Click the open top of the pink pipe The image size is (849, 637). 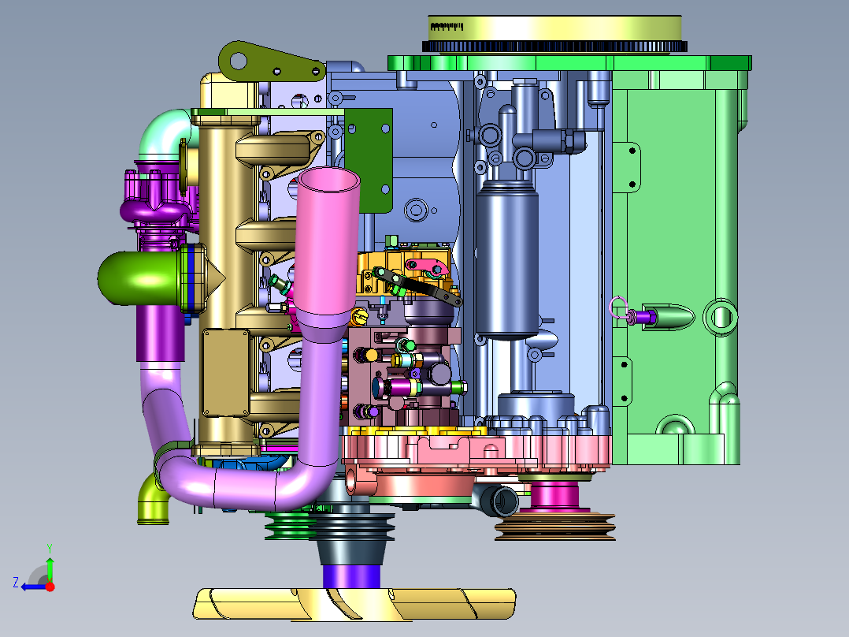pos(329,180)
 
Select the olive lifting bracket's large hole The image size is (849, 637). pos(238,61)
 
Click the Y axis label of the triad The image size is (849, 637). pos(50,548)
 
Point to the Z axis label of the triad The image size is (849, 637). pos(16,583)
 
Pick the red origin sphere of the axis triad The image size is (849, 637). pos(50,587)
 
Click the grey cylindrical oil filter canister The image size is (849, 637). pos(507,261)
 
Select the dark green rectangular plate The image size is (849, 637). pos(369,161)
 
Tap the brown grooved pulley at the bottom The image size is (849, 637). pos(555,527)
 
